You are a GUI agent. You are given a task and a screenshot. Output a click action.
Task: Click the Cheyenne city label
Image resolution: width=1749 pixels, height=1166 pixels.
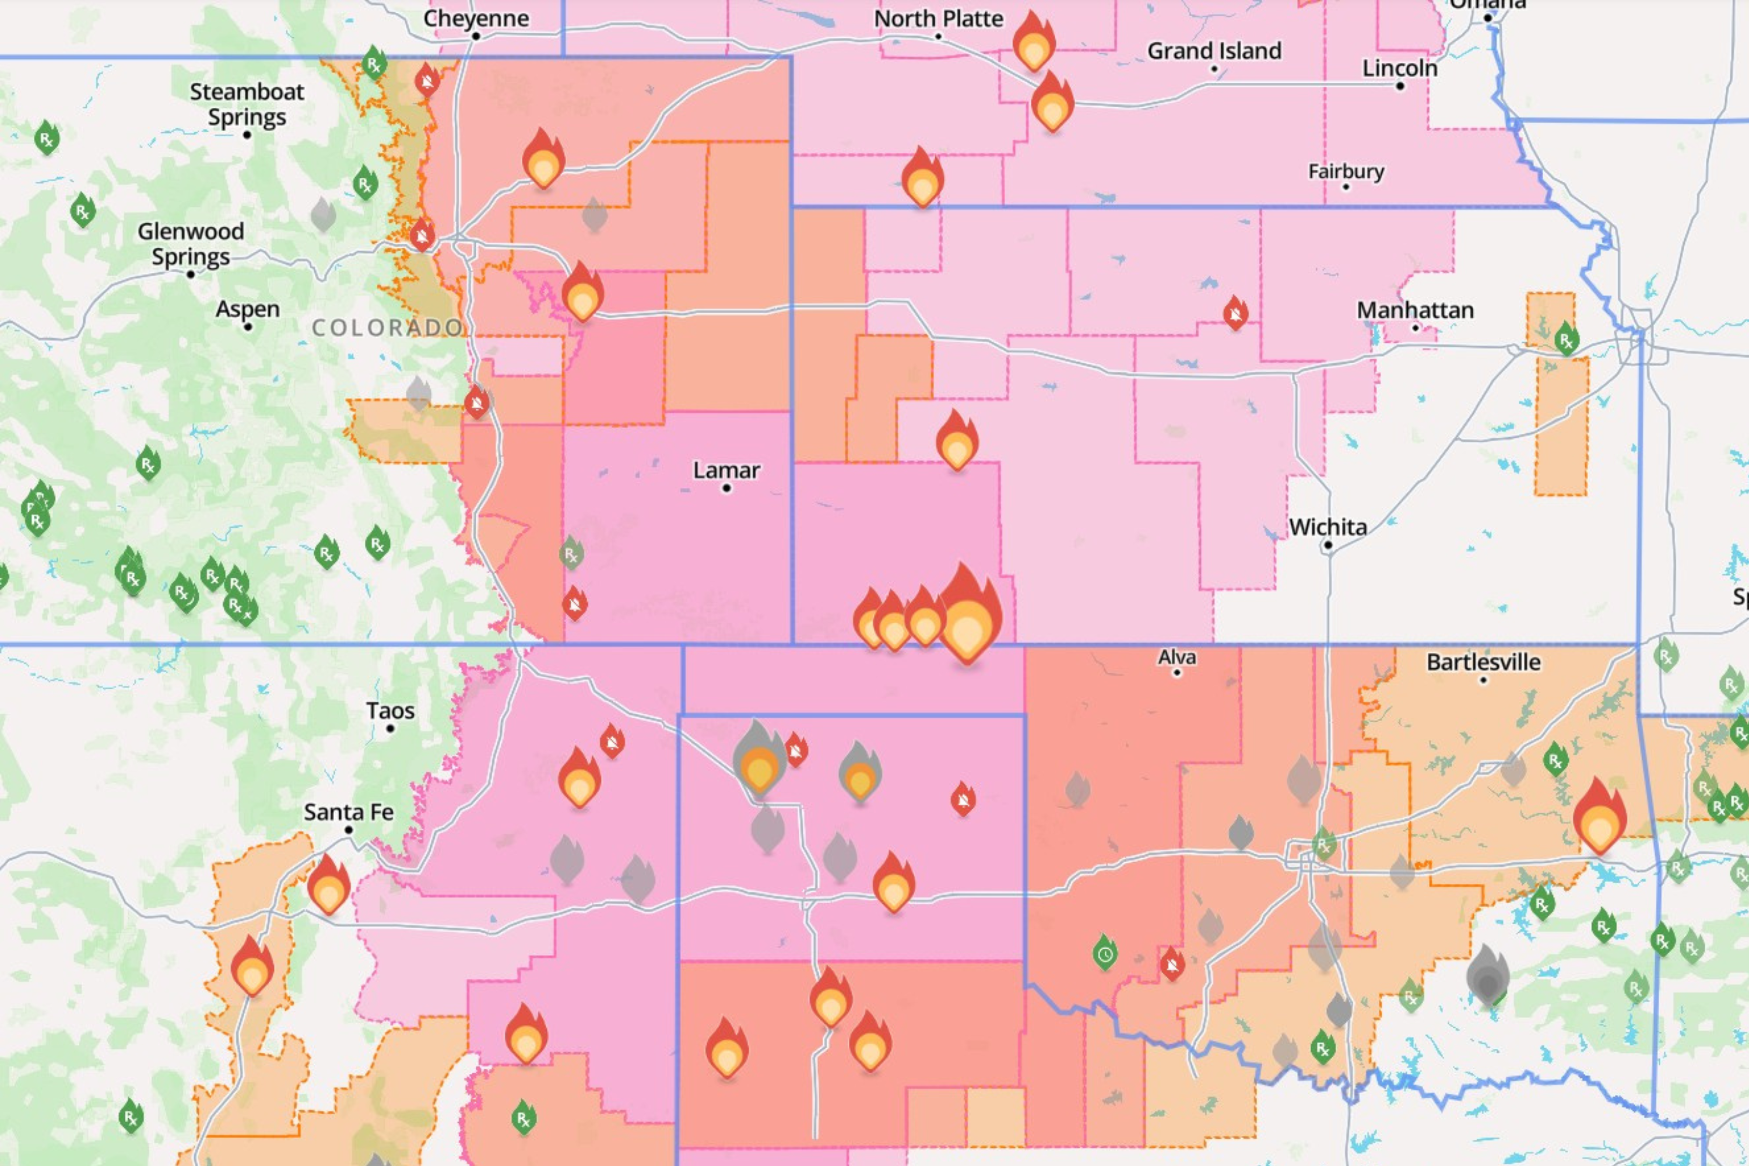[x=476, y=18]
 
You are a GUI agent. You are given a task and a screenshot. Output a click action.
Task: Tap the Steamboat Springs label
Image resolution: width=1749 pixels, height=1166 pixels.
[x=247, y=104]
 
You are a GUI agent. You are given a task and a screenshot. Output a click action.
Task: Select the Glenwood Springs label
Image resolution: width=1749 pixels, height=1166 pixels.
[x=191, y=243]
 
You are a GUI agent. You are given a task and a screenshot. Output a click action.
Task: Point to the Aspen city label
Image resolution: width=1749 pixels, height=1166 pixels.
[x=248, y=310]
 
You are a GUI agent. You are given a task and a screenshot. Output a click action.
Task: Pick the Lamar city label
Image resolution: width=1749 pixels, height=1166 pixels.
[x=726, y=470]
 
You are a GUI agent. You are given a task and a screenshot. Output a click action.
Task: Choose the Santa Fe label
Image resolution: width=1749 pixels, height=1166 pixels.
[x=349, y=812]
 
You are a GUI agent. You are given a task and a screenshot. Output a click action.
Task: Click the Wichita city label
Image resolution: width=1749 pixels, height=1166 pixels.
[x=1328, y=527]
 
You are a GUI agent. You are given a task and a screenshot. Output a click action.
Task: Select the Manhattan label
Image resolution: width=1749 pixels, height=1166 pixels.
[x=1415, y=310]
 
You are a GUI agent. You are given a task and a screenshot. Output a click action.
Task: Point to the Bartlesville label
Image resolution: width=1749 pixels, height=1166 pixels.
[x=1484, y=662]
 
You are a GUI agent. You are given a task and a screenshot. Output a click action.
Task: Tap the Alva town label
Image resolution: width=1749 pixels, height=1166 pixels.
[x=1177, y=658]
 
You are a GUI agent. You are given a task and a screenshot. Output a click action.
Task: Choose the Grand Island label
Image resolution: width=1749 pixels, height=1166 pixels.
[x=1214, y=51]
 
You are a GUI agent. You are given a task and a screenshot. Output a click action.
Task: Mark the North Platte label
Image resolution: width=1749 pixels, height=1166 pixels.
[x=939, y=18]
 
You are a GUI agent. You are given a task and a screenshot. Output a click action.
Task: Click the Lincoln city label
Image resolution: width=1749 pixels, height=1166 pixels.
[x=1400, y=68]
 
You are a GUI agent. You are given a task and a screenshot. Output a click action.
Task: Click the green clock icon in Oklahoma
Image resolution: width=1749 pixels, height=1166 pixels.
[x=1105, y=954]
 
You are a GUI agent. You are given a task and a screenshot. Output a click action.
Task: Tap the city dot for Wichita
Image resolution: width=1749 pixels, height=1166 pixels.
[x=1328, y=545]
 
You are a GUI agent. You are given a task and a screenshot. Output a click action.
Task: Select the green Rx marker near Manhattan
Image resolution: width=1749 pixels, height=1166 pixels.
[x=1566, y=340]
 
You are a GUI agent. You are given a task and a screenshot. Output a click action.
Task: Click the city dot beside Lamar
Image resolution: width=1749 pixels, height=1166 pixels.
[x=726, y=488]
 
